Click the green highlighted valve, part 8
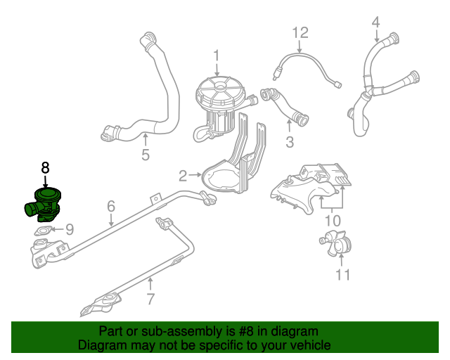click(43, 205)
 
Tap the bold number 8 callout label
click(45, 167)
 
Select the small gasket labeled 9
click(44, 231)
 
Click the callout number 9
click(70, 229)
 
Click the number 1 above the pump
click(217, 56)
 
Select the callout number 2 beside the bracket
click(183, 176)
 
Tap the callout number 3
click(290, 142)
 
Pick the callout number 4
click(375, 22)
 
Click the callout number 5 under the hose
click(146, 155)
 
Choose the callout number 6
click(111, 207)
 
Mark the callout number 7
click(150, 299)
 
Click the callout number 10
click(333, 221)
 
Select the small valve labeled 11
click(336, 243)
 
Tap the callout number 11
click(343, 275)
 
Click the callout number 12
click(300, 33)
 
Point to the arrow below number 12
click(300, 46)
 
